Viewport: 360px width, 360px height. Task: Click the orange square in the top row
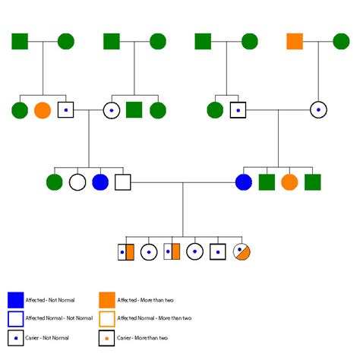[x=295, y=41]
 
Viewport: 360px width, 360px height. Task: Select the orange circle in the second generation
[x=43, y=110]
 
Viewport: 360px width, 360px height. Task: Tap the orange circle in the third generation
[x=289, y=182]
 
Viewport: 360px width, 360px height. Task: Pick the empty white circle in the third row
[x=77, y=182]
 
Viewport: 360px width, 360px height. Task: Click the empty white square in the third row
[x=122, y=182]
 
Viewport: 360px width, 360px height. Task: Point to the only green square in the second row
[x=134, y=110]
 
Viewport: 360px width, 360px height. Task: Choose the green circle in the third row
[x=54, y=182]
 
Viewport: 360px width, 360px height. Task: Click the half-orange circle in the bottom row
[x=242, y=251]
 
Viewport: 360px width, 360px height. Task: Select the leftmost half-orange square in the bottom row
[x=126, y=251]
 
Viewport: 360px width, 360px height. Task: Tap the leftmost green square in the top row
[x=20, y=41]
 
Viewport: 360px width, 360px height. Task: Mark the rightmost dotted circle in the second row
[x=318, y=110]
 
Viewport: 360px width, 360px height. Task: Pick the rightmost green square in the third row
[x=312, y=182]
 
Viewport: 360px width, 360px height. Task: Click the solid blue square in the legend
[x=16, y=299]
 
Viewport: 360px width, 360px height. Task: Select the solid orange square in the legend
[x=107, y=299]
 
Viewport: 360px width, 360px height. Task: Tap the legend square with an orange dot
[x=107, y=337]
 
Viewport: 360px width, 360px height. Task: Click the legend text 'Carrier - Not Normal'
[x=48, y=337]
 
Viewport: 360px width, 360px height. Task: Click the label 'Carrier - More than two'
[x=142, y=337]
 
